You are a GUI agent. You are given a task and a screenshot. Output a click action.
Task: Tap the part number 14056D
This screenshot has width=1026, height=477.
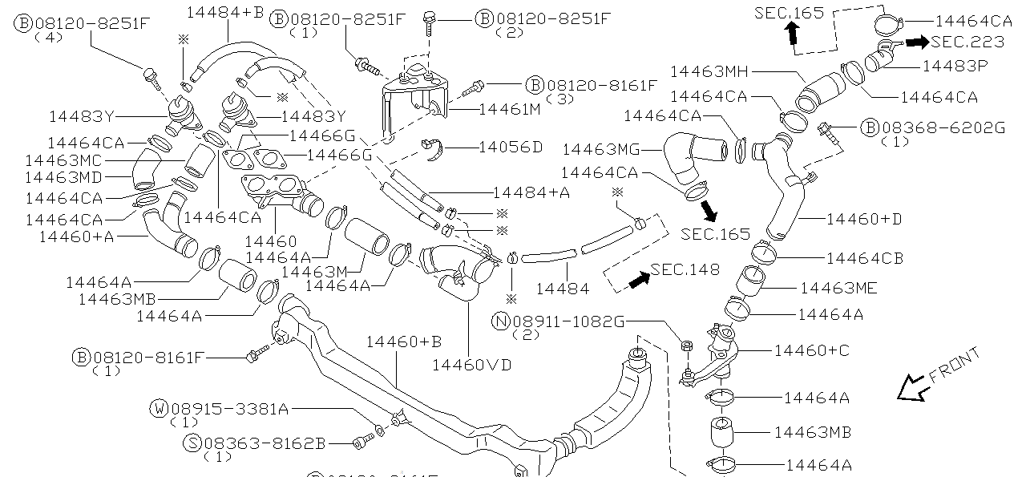click(x=511, y=148)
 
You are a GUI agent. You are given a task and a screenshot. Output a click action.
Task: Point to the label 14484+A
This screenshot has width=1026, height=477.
click(x=531, y=192)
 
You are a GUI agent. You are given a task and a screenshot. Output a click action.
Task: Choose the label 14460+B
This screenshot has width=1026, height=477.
click(x=404, y=342)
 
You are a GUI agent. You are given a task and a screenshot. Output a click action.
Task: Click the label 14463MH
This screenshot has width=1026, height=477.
click(x=709, y=72)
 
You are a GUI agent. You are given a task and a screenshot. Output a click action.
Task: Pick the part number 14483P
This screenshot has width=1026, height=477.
click(x=955, y=64)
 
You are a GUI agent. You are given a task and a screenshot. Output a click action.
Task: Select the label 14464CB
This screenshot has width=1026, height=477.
click(x=864, y=258)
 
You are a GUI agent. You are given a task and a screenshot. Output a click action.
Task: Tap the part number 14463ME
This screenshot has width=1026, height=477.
click(x=838, y=288)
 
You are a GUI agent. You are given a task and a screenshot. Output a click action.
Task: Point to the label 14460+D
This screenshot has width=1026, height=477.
click(x=863, y=218)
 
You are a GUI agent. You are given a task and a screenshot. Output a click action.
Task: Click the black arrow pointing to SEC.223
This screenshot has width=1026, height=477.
click(x=919, y=42)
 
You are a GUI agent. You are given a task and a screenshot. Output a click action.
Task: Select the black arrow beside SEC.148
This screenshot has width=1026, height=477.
click(x=638, y=280)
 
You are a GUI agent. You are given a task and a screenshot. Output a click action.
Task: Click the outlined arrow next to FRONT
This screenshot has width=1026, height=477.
click(x=911, y=388)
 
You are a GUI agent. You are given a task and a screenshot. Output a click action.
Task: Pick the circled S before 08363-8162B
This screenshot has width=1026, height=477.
click(x=192, y=443)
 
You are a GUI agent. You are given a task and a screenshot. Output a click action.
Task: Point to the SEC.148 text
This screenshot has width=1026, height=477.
click(x=685, y=269)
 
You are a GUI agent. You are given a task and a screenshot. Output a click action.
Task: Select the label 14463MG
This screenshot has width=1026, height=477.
click(x=602, y=149)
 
